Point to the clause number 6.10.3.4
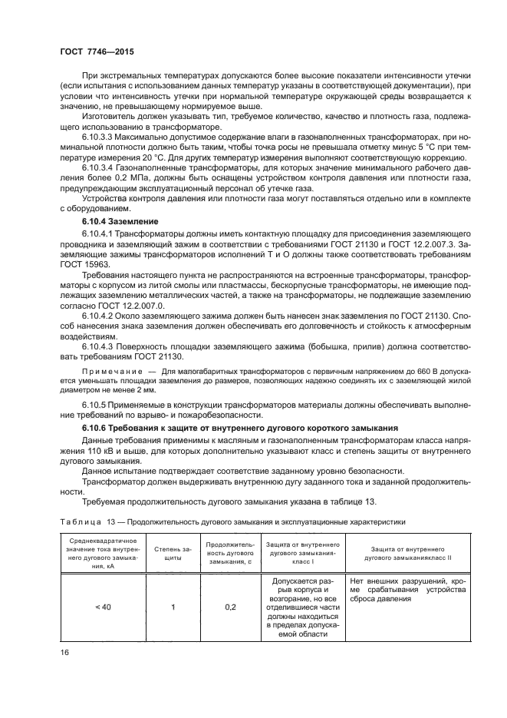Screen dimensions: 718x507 click(100, 187)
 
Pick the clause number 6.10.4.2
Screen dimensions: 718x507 click(100, 316)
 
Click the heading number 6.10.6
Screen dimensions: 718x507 click(97, 425)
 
